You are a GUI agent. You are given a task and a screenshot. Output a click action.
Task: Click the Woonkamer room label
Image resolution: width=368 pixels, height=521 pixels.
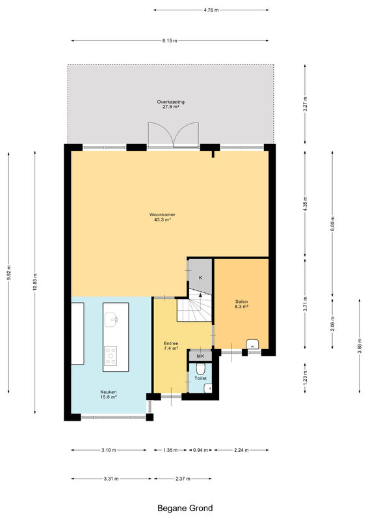tap(163, 215)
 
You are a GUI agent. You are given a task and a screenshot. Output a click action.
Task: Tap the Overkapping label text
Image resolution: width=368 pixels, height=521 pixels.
tap(170, 102)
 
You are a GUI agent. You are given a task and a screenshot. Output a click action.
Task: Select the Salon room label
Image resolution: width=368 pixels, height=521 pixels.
tap(242, 302)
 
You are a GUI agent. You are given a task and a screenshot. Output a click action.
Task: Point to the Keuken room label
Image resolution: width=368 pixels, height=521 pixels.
tap(109, 392)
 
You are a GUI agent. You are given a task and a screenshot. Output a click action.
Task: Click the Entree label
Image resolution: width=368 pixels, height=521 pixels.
tap(171, 343)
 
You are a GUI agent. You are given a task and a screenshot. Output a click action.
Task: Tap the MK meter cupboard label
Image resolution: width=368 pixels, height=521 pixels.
tap(200, 356)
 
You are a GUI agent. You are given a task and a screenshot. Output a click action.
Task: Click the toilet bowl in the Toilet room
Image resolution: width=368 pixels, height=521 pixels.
tap(200, 369)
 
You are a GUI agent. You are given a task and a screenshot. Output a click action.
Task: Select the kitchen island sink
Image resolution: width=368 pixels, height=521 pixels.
tap(111, 320)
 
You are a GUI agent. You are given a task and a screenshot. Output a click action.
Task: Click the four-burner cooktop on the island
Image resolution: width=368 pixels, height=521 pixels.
tap(111, 355)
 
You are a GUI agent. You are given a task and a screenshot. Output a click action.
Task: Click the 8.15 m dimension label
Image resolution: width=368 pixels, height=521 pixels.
tap(170, 40)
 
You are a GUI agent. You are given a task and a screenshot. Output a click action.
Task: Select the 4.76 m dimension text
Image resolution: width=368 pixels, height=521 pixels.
tap(211, 10)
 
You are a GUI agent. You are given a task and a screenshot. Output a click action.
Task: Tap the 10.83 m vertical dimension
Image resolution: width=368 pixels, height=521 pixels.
tap(35, 283)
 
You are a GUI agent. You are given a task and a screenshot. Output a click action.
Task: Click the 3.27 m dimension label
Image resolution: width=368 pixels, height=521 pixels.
tap(306, 104)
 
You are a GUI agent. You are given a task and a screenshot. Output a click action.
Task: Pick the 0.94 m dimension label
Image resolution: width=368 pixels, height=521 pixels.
tap(200, 450)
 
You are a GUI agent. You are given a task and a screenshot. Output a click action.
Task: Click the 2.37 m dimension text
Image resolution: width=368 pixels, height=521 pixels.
tap(183, 479)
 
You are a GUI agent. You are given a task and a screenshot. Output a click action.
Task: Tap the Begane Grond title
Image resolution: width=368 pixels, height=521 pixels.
tap(185, 508)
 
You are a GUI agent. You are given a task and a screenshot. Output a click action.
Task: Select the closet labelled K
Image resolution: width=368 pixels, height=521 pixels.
tap(200, 275)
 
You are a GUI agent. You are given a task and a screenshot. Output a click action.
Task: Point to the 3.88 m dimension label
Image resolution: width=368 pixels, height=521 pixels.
tap(360, 346)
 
